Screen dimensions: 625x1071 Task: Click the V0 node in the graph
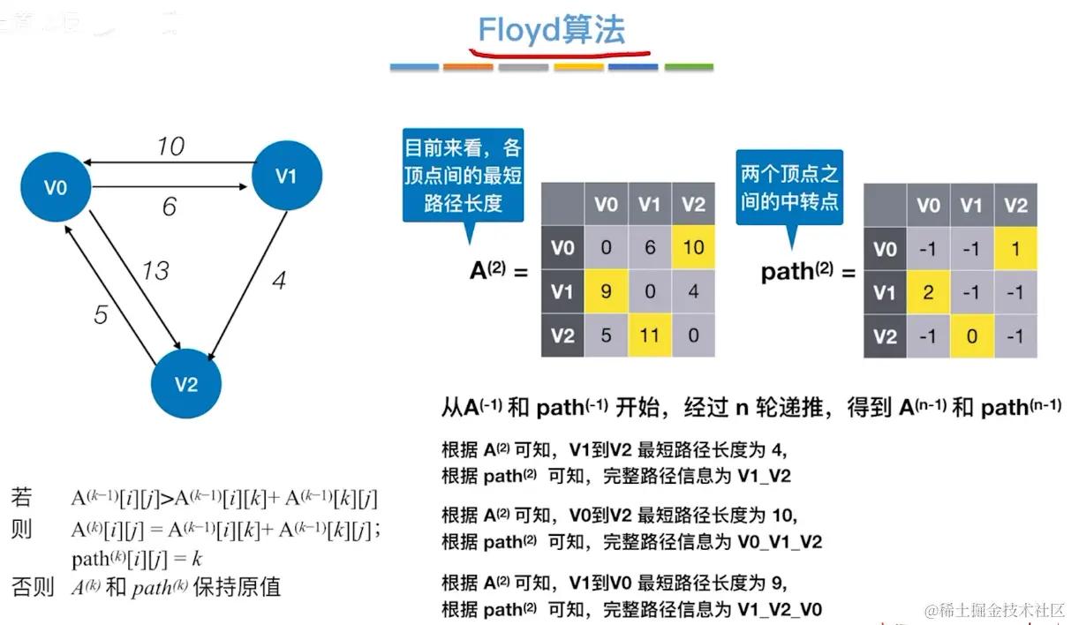(x=57, y=186)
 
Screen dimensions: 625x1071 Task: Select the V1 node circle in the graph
(x=286, y=176)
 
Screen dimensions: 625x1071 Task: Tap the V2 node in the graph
(x=185, y=384)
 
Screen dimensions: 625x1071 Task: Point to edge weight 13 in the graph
(x=155, y=270)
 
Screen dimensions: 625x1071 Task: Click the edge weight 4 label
(x=279, y=282)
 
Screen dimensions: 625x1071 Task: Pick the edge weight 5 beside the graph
(x=101, y=313)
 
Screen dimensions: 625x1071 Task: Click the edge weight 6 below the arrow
(x=169, y=207)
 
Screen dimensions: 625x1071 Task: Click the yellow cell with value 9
(x=606, y=290)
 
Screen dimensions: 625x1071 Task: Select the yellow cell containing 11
(x=649, y=335)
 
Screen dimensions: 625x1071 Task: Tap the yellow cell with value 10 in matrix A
(x=693, y=247)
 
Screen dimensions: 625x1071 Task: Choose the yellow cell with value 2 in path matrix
(x=928, y=292)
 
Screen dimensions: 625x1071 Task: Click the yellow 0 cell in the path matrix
(x=971, y=336)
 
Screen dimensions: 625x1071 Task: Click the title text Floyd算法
(x=551, y=30)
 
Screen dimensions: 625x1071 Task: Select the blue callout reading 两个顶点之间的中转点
(x=789, y=188)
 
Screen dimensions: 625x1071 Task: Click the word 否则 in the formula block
(x=33, y=587)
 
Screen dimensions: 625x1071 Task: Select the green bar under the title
(x=689, y=67)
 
